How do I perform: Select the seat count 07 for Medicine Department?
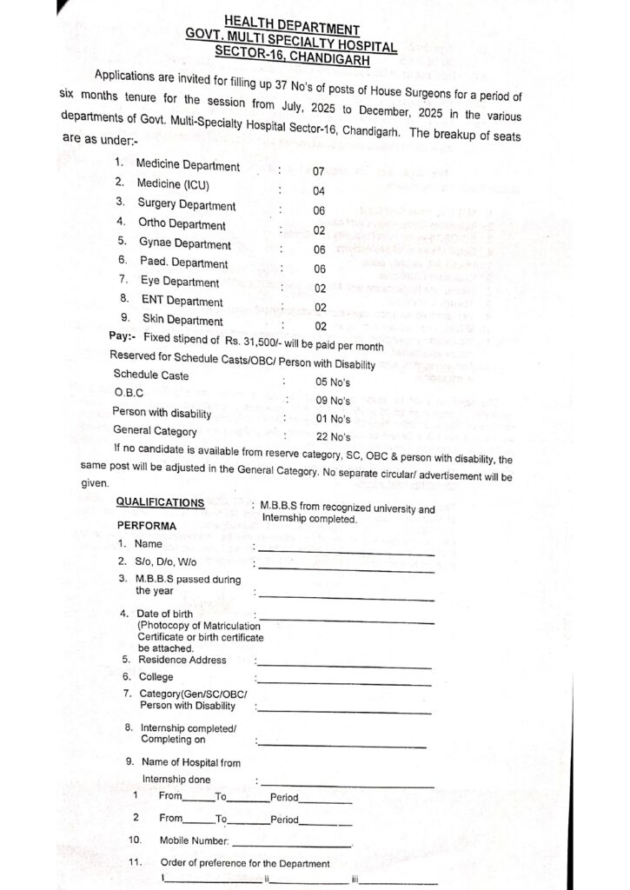pyautogui.click(x=318, y=172)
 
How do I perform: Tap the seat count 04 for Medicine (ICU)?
pyautogui.click(x=318, y=191)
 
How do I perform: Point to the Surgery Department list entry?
pyautogui.click(x=186, y=205)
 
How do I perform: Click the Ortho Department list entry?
pyautogui.click(x=182, y=224)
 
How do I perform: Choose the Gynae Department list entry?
pyautogui.click(x=185, y=244)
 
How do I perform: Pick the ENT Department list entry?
pyautogui.click(x=182, y=302)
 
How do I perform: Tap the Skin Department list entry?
pyautogui.click(x=182, y=321)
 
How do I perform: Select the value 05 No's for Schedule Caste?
pyautogui.click(x=333, y=382)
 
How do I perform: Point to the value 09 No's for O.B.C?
pyautogui.click(x=333, y=401)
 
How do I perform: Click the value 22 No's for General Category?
pyautogui.click(x=333, y=437)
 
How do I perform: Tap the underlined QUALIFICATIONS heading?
pyautogui.click(x=160, y=502)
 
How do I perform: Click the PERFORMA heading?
pyautogui.click(x=147, y=526)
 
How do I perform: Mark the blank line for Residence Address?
pyautogui.click(x=343, y=667)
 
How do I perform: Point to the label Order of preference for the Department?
pyautogui.click(x=245, y=863)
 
